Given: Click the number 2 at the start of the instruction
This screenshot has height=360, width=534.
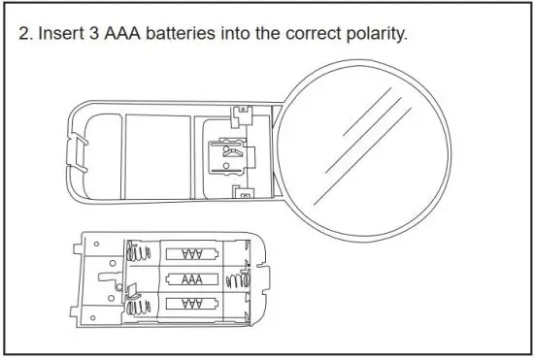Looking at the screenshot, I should (25, 33).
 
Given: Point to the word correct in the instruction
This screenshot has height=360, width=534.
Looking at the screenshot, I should (314, 33).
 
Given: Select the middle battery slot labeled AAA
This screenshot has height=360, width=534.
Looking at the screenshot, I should (191, 279).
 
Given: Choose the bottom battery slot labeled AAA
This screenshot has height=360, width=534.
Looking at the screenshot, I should (191, 304).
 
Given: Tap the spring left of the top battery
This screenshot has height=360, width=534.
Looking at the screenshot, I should (143, 254).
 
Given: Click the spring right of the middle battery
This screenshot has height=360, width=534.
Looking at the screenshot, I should (233, 279).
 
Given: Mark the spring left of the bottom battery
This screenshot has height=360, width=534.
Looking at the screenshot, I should (143, 304).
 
